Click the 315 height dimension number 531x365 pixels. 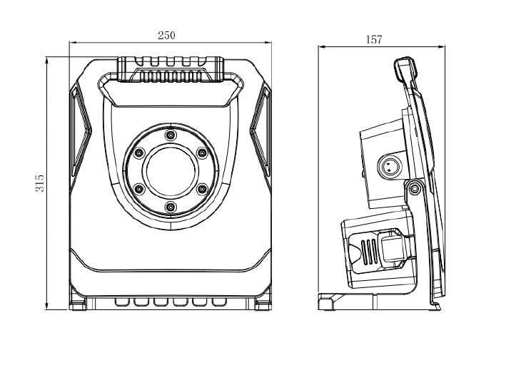coord(40,184)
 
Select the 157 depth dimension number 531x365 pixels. coord(374,40)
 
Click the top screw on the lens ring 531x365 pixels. coord(170,135)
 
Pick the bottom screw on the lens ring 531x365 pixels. coord(170,207)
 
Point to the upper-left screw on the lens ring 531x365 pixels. coord(138,152)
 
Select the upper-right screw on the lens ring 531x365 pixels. coord(201,152)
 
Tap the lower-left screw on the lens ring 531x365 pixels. coord(138,189)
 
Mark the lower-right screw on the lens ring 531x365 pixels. coord(201,189)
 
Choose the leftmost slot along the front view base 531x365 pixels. coord(121,302)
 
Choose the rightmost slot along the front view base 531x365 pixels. coord(218,302)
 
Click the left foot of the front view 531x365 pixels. coord(77,304)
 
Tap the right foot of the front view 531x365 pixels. coord(263,304)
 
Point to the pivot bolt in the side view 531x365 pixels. coord(413,188)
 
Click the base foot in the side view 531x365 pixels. coord(328,302)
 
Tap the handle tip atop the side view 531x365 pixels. coord(405,66)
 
